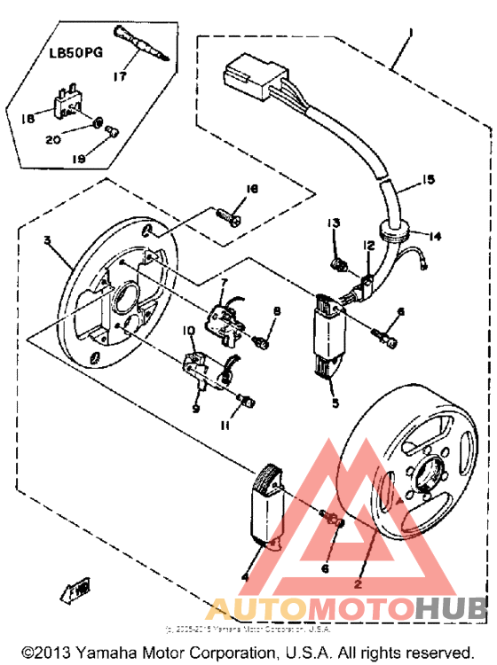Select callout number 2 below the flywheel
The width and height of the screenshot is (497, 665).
pyautogui.click(x=358, y=584)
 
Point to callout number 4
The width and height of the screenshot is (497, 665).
pyautogui.click(x=244, y=577)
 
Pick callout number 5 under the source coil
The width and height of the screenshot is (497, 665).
pyautogui.click(x=335, y=403)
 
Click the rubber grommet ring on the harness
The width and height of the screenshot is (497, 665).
pyautogui.click(x=397, y=232)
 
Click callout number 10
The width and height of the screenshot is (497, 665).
pyautogui.click(x=188, y=330)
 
